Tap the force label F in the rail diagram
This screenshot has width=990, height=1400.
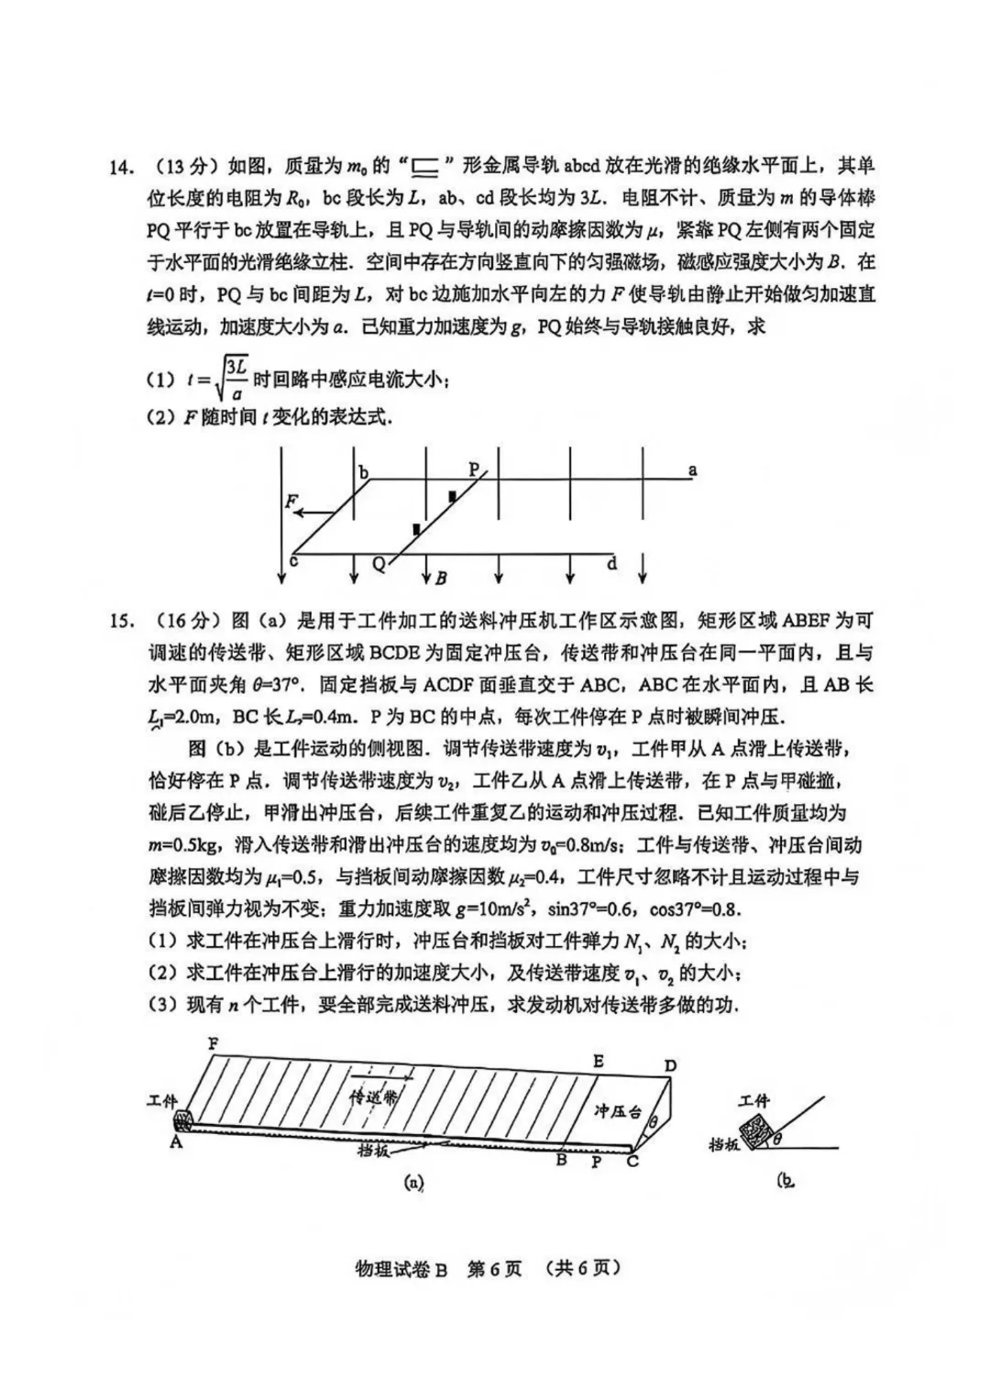tap(291, 501)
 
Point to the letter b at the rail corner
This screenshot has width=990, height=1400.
tap(364, 473)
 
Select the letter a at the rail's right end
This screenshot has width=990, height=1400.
tap(692, 470)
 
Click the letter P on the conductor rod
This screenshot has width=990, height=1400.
tap(474, 469)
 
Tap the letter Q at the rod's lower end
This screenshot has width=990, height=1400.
tap(379, 566)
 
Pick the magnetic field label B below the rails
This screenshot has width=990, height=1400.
tap(441, 579)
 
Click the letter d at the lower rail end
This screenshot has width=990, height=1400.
tap(612, 564)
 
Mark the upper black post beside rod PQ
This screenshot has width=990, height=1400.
tap(452, 496)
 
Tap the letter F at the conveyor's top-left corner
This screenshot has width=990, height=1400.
tap(213, 1043)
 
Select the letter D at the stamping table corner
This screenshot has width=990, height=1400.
tap(670, 1065)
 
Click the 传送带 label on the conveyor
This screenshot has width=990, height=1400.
tap(375, 1097)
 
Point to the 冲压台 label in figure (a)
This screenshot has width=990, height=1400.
tap(616, 1111)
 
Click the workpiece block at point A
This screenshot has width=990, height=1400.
tap(184, 1120)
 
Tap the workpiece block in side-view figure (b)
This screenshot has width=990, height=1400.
tap(758, 1132)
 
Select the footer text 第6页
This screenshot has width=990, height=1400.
tap(494, 1269)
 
